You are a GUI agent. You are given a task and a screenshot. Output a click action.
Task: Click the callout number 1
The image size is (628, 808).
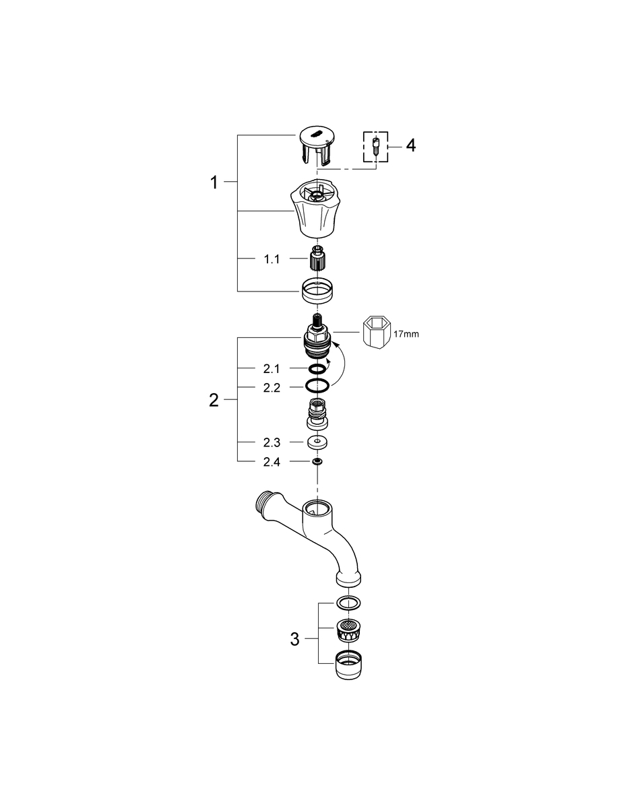214,182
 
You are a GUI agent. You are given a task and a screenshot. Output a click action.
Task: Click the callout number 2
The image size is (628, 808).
214,401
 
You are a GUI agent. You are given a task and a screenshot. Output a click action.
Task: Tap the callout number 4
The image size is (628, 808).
410,145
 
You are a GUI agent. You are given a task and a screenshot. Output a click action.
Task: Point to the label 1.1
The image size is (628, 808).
271,259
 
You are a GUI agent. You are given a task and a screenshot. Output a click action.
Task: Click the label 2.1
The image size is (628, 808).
272,368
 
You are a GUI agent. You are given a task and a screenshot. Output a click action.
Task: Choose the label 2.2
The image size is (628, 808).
272,388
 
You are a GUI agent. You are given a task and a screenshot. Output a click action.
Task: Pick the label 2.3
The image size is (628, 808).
272,442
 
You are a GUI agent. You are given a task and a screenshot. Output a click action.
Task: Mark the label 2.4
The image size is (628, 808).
272,462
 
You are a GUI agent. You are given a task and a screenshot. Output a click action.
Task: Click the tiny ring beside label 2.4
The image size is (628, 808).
315,462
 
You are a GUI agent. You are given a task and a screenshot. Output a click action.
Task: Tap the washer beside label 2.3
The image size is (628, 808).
315,443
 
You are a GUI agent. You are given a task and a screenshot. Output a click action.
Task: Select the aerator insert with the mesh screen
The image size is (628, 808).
348,630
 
